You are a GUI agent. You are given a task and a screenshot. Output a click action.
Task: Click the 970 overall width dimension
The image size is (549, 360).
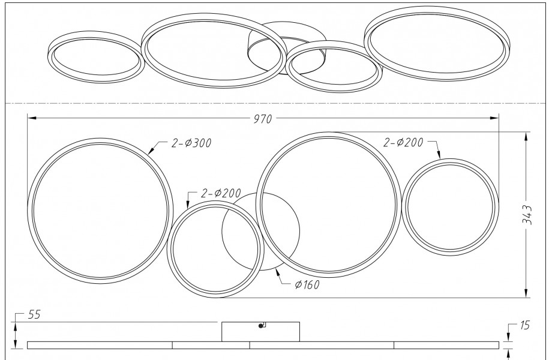pos(263,119)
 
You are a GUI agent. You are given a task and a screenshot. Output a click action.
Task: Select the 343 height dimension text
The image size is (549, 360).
pos(527,215)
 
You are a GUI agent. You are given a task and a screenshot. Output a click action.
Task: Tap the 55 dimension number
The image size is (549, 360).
pos(34,314)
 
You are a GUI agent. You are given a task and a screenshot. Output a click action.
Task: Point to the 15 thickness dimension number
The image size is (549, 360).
pos(525,325)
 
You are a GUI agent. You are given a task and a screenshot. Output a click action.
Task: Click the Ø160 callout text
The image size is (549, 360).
pos(307,285)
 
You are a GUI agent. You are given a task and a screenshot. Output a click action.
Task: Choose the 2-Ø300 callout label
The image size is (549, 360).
pos(191,143)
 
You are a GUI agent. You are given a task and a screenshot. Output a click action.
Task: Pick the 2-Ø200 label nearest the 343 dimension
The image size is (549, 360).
pos(403,142)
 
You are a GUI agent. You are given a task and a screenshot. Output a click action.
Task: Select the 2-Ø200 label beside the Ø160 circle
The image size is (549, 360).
pos(221,193)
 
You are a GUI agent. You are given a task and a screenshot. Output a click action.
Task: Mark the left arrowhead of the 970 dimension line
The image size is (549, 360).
pos(32,118)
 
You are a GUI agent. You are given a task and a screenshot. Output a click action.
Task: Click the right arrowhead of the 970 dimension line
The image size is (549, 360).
pos(494,118)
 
